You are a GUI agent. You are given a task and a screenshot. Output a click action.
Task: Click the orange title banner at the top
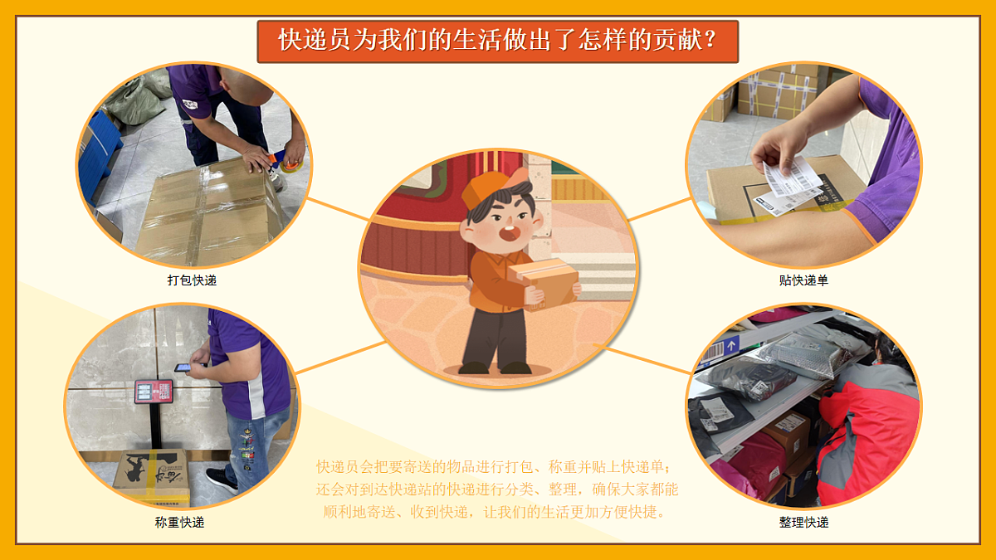[x=497, y=41]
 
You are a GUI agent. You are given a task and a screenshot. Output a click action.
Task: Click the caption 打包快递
[x=192, y=280]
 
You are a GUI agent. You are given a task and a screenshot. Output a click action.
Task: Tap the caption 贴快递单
[x=803, y=280]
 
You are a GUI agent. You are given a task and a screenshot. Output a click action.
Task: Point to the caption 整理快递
[x=803, y=523]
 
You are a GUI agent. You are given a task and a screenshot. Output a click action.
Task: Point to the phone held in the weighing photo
[x=182, y=368]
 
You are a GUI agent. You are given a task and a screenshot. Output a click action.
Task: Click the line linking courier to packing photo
[x=336, y=211]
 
